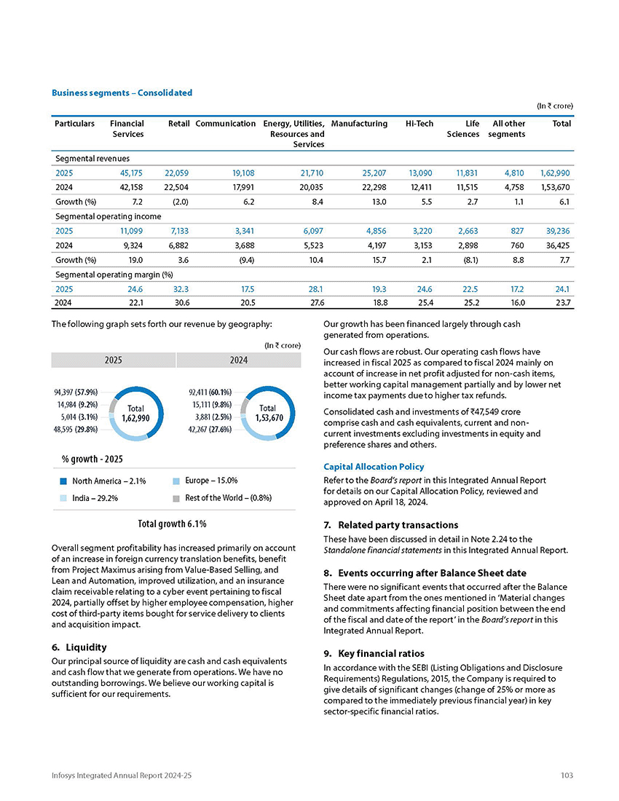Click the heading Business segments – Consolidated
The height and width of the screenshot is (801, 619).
122,92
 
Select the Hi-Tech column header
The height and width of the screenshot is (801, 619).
419,124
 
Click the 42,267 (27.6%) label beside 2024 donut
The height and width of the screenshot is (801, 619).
210,430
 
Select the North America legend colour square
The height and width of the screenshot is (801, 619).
64,481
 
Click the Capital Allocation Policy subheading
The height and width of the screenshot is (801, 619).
374,467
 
